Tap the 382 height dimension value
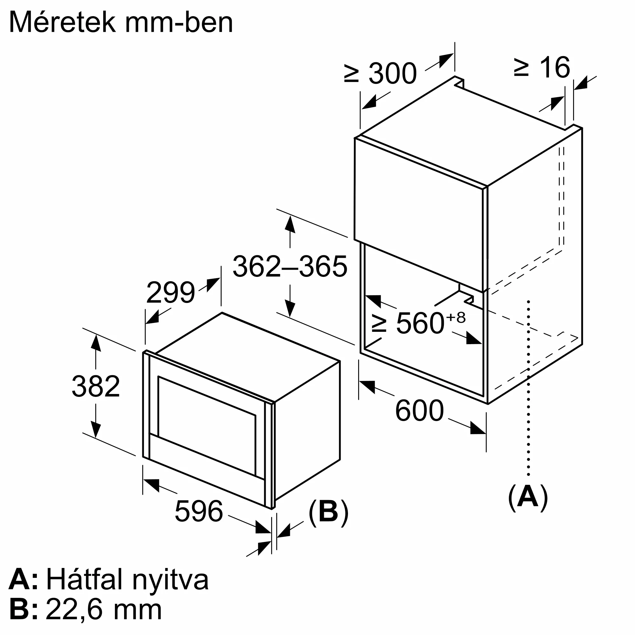click(96, 386)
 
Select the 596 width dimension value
click(199, 511)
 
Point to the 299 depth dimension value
click(170, 292)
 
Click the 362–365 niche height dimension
click(290, 267)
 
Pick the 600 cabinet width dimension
click(419, 411)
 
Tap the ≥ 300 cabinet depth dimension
click(381, 73)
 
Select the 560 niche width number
click(420, 324)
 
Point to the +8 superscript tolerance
click(456, 317)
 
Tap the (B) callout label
click(328, 512)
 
